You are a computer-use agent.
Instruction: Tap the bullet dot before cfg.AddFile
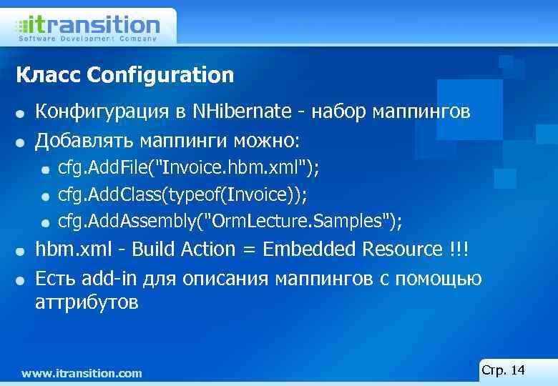click(45, 169)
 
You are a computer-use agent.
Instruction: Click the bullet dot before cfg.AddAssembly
click(45, 223)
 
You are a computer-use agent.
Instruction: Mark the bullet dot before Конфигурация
click(23, 113)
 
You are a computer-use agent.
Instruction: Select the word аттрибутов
click(87, 302)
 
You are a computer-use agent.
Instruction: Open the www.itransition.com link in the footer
click(82, 373)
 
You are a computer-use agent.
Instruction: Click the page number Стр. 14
click(504, 370)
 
